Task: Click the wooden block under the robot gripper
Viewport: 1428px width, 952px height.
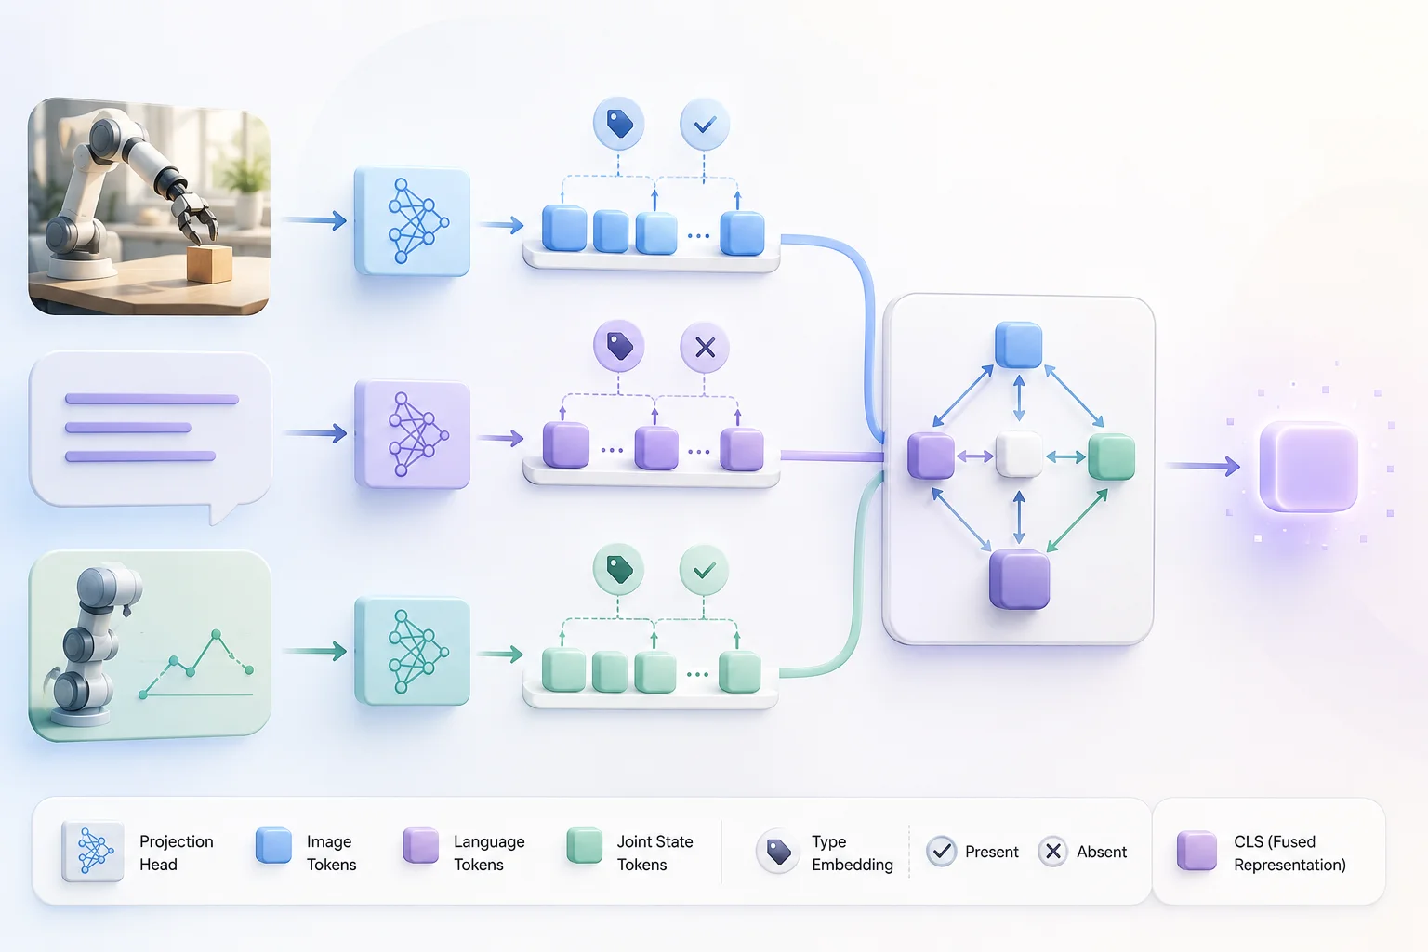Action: [209, 263]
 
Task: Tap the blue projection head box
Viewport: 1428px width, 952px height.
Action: [413, 221]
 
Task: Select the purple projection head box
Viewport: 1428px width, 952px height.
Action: [413, 434]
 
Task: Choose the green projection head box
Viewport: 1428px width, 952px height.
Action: [413, 651]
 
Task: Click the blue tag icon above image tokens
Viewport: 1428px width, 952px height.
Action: [618, 123]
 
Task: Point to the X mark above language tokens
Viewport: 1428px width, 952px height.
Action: [705, 348]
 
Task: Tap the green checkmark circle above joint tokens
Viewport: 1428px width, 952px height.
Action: [704, 570]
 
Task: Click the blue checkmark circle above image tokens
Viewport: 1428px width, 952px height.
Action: [705, 125]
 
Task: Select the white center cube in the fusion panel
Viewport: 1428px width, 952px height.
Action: [1019, 455]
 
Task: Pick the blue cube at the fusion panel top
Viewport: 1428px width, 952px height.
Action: [1019, 345]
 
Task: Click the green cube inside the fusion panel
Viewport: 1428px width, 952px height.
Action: [1111, 456]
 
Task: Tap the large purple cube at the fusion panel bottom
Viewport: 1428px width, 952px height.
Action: [1019, 579]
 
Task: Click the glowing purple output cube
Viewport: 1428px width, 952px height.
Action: [1309, 466]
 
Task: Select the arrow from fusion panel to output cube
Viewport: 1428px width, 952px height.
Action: [1203, 466]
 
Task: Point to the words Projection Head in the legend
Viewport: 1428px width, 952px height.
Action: [176, 853]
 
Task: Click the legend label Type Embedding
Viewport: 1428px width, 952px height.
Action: [853, 853]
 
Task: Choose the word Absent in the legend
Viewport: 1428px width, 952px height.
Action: [1102, 852]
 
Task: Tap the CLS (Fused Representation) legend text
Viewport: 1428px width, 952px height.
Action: [1289, 853]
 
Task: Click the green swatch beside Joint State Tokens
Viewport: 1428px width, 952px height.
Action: [585, 845]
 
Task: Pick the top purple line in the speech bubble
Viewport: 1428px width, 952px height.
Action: [152, 399]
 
